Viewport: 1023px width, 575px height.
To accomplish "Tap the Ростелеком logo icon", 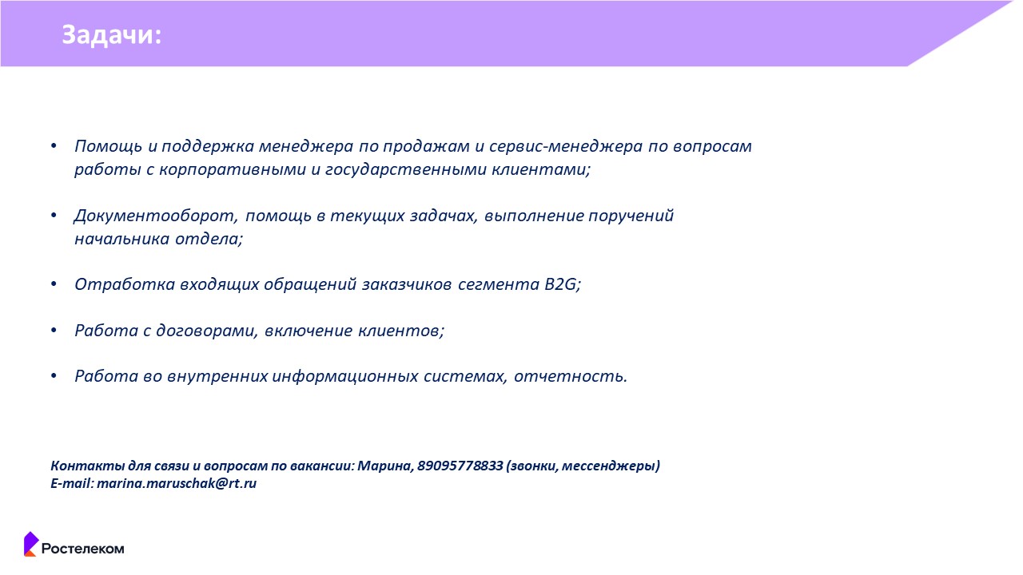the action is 31,544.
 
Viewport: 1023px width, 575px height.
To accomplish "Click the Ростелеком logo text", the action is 82,549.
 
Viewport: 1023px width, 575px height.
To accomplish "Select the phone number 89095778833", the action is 460,466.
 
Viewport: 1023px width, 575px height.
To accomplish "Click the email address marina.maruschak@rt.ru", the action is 177,483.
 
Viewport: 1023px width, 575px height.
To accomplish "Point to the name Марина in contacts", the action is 385,466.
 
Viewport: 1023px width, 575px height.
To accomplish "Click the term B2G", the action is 562,284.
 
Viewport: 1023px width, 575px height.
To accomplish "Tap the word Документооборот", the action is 156,216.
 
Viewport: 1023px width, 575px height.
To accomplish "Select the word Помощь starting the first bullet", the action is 109,146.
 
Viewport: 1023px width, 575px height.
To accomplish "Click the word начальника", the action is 122,239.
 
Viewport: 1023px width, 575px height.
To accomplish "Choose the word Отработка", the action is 125,284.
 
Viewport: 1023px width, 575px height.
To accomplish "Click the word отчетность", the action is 571,376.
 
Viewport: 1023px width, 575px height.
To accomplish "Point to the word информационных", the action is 345,376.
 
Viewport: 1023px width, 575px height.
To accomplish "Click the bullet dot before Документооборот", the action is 54,215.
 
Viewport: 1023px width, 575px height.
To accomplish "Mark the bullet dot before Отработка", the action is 54,284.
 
